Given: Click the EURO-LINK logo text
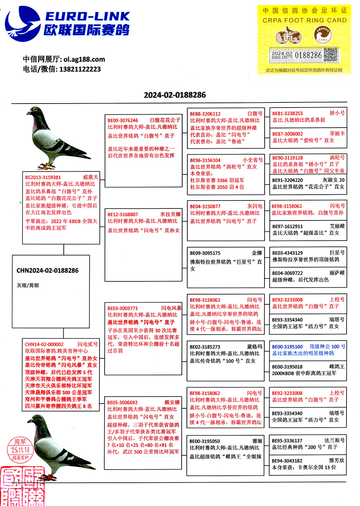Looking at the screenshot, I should (87, 16).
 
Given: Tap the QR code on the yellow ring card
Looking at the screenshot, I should (330, 55).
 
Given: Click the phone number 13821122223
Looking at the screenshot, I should (80, 69).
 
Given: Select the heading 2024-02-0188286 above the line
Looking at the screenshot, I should (175, 95).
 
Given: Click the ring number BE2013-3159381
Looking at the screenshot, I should (43, 178).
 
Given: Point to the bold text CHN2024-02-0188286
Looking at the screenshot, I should (48, 270).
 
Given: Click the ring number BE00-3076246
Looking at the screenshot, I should (123, 120).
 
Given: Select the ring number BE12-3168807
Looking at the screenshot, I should (123, 214).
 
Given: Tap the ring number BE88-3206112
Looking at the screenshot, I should (205, 114).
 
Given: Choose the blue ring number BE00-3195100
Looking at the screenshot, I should (287, 347).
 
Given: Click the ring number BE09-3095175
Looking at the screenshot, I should (205, 253).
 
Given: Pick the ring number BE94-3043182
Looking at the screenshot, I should (287, 461).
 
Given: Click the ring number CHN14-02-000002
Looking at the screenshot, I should (44, 344).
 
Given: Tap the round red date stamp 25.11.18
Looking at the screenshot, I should (20, 449).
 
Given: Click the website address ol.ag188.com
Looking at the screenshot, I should (84, 59).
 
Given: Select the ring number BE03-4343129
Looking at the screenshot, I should (287, 253).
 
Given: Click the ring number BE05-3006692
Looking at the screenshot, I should (122, 402).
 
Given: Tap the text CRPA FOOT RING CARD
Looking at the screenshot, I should (305, 20).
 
